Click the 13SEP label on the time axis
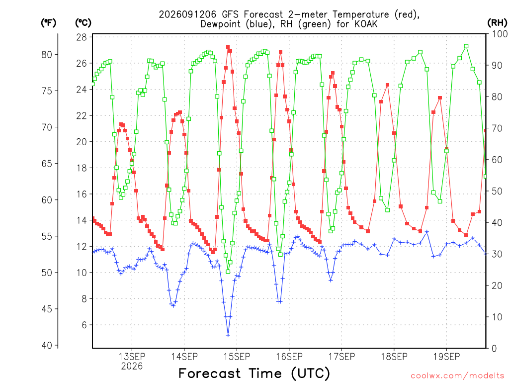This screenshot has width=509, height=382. point(132,356)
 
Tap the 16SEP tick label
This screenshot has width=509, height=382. point(289,356)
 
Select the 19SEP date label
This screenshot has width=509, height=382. point(447,356)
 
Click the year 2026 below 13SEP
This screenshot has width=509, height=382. point(132,366)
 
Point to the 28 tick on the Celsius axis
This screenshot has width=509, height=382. point(82,37)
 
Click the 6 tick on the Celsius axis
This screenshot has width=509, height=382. point(85,325)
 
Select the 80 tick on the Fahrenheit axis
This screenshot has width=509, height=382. point(47,55)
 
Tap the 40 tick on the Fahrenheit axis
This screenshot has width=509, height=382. point(47,345)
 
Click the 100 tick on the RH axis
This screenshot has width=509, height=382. point(499,34)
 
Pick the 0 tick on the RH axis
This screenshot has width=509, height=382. point(494,348)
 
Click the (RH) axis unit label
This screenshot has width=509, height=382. point(497,22)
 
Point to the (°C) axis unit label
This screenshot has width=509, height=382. point(83,22)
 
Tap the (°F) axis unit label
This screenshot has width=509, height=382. point(48,22)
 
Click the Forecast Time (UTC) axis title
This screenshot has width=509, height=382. point(254,373)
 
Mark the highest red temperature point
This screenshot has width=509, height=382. point(228,47)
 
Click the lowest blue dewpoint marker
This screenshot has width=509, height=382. point(228,335)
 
